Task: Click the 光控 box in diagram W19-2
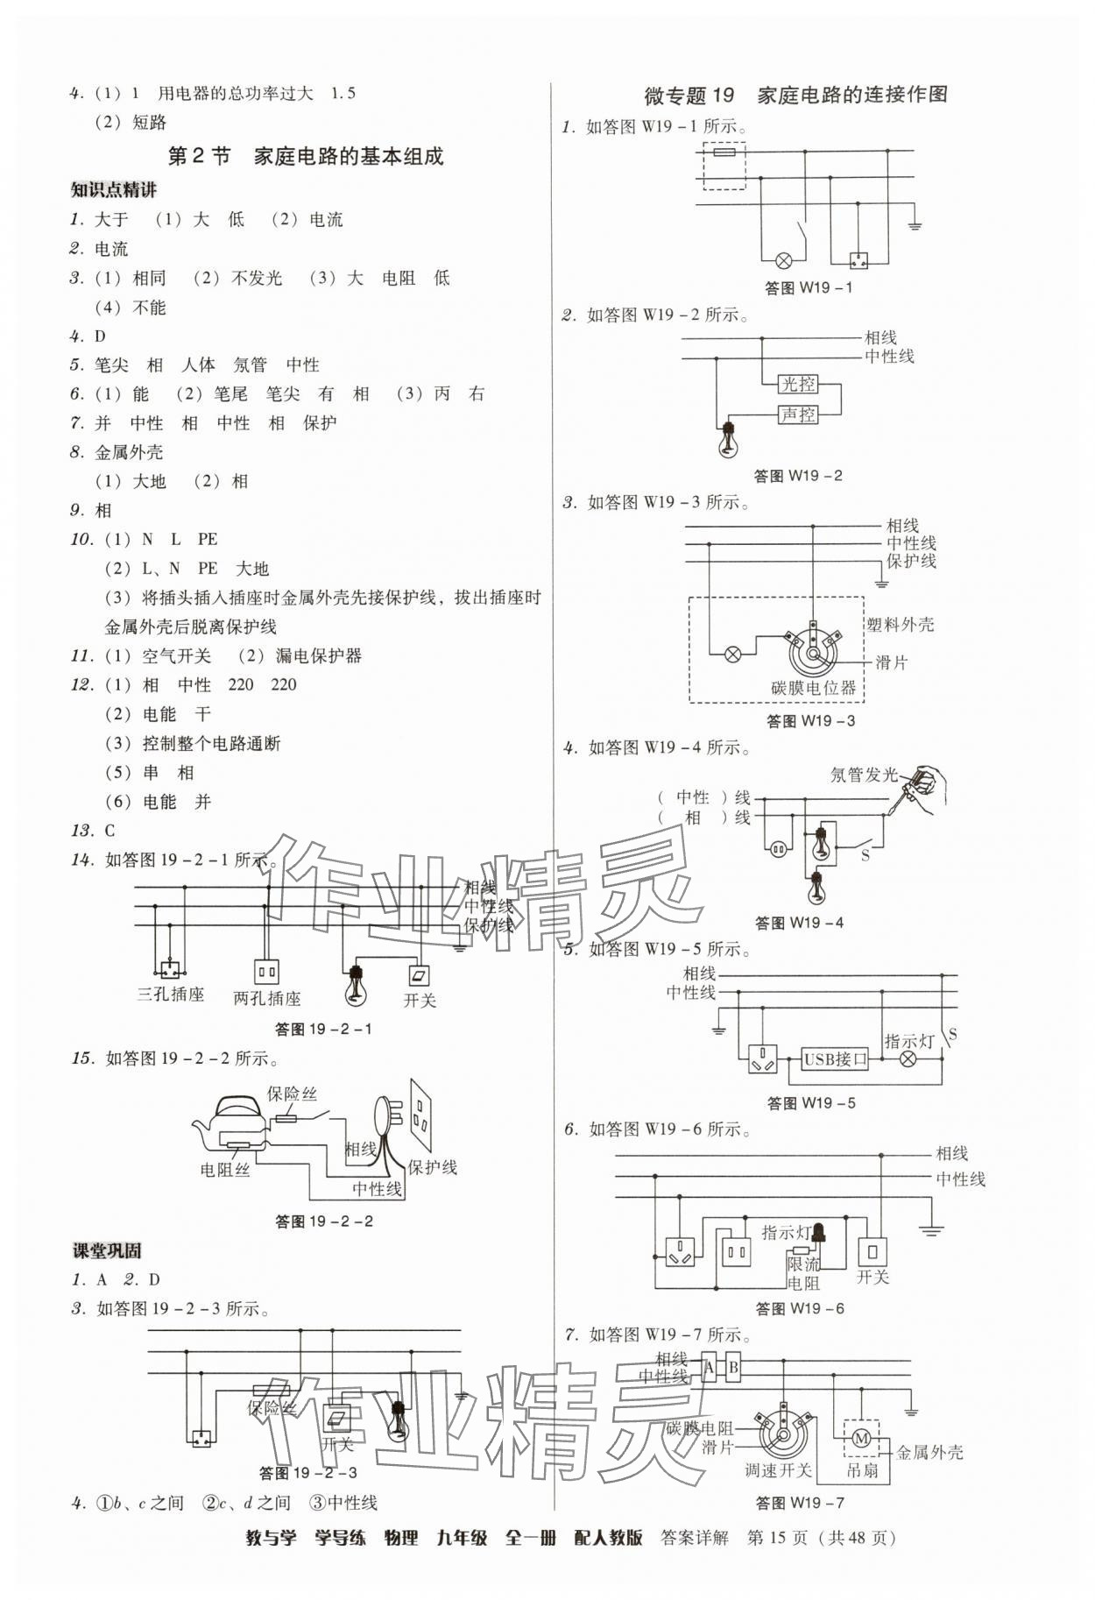797,384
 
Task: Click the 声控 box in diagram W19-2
797,414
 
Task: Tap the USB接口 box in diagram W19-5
835,1058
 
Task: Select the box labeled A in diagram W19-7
710,1368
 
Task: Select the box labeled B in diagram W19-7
733,1368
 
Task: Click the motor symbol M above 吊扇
859,1438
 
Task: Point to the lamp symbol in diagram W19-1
784,260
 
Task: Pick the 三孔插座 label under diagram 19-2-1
171,995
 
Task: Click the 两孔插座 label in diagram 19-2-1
267,998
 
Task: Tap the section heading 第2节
199,157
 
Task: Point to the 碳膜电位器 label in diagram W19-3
813,688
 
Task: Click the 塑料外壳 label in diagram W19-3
900,625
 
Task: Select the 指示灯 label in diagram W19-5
909,1041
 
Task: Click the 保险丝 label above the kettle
292,1094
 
